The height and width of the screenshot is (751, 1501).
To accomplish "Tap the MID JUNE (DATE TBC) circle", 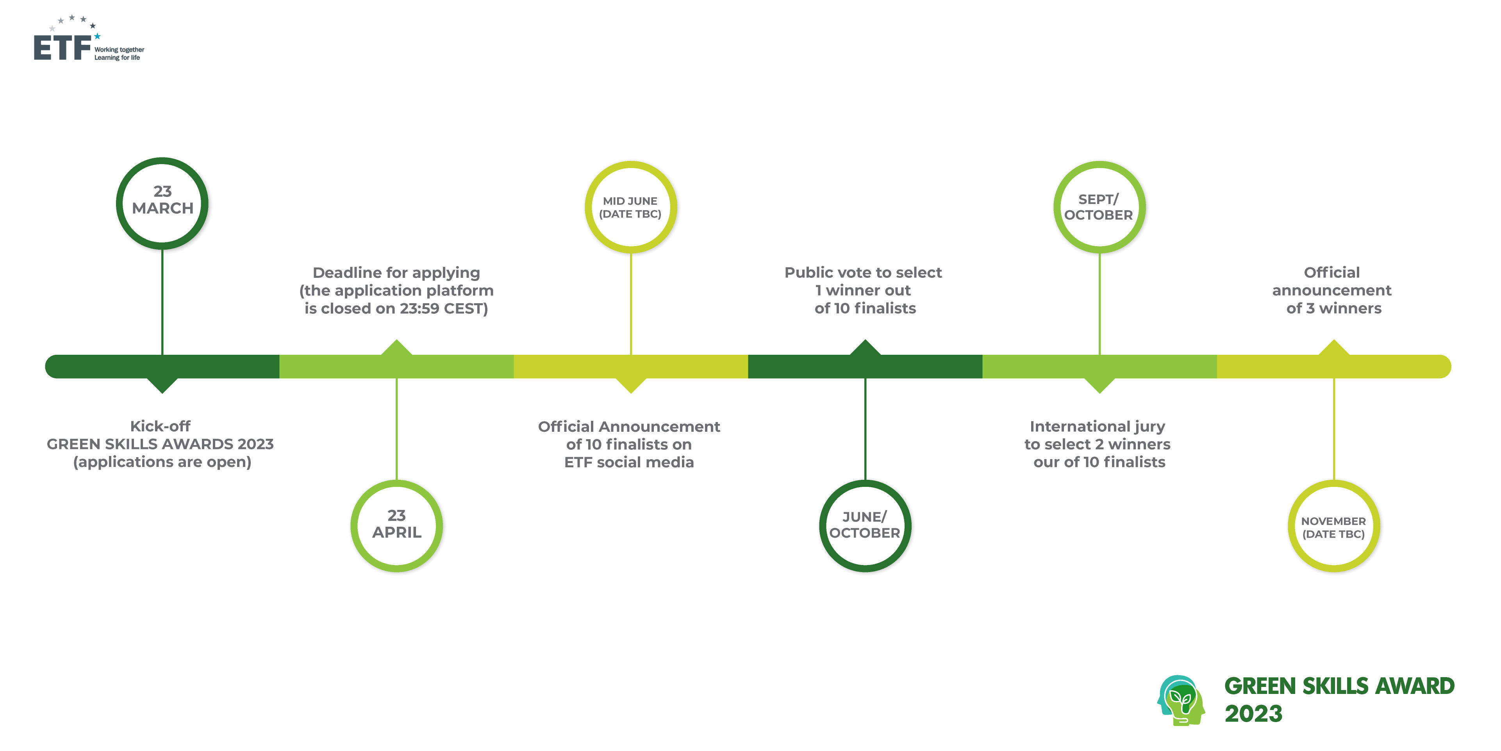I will [630, 207].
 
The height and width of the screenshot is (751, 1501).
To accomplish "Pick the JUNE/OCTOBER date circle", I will [865, 526].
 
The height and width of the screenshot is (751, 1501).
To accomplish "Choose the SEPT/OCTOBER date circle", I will [1099, 207].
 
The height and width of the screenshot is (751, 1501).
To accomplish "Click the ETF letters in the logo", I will [62, 47].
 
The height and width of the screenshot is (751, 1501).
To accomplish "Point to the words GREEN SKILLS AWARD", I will [1339, 686].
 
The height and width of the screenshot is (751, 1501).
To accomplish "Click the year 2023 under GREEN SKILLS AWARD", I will [1253, 713].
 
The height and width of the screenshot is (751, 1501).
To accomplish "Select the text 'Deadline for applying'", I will [396, 272].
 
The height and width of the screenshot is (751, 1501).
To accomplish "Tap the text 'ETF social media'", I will [629, 462].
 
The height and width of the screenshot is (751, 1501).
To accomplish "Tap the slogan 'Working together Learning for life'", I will [119, 54].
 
